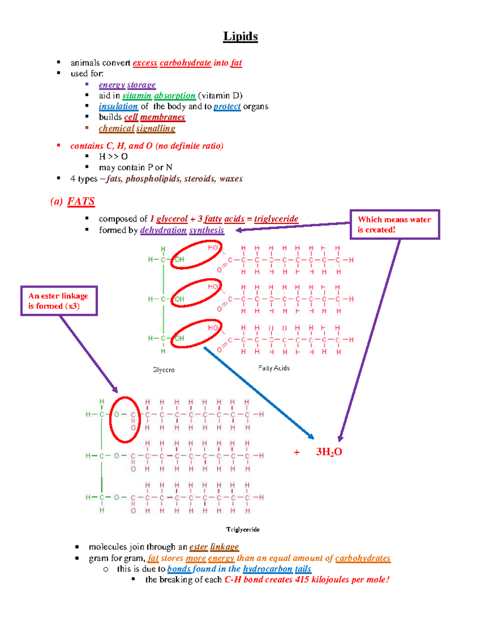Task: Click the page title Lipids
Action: [240, 36]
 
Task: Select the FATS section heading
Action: [81, 201]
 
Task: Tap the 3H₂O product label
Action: [329, 452]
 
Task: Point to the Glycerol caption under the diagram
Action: [163, 370]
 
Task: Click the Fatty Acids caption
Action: [274, 368]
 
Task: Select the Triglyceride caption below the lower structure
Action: [243, 529]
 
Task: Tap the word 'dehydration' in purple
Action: [163, 230]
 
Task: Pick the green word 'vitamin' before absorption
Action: [137, 96]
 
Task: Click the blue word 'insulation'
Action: [118, 107]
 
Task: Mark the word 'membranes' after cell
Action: [163, 117]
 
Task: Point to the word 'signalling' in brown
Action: [156, 129]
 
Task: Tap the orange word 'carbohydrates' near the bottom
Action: [363, 558]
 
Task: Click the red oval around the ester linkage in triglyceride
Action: [111, 420]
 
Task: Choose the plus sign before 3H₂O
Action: [297, 453]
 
